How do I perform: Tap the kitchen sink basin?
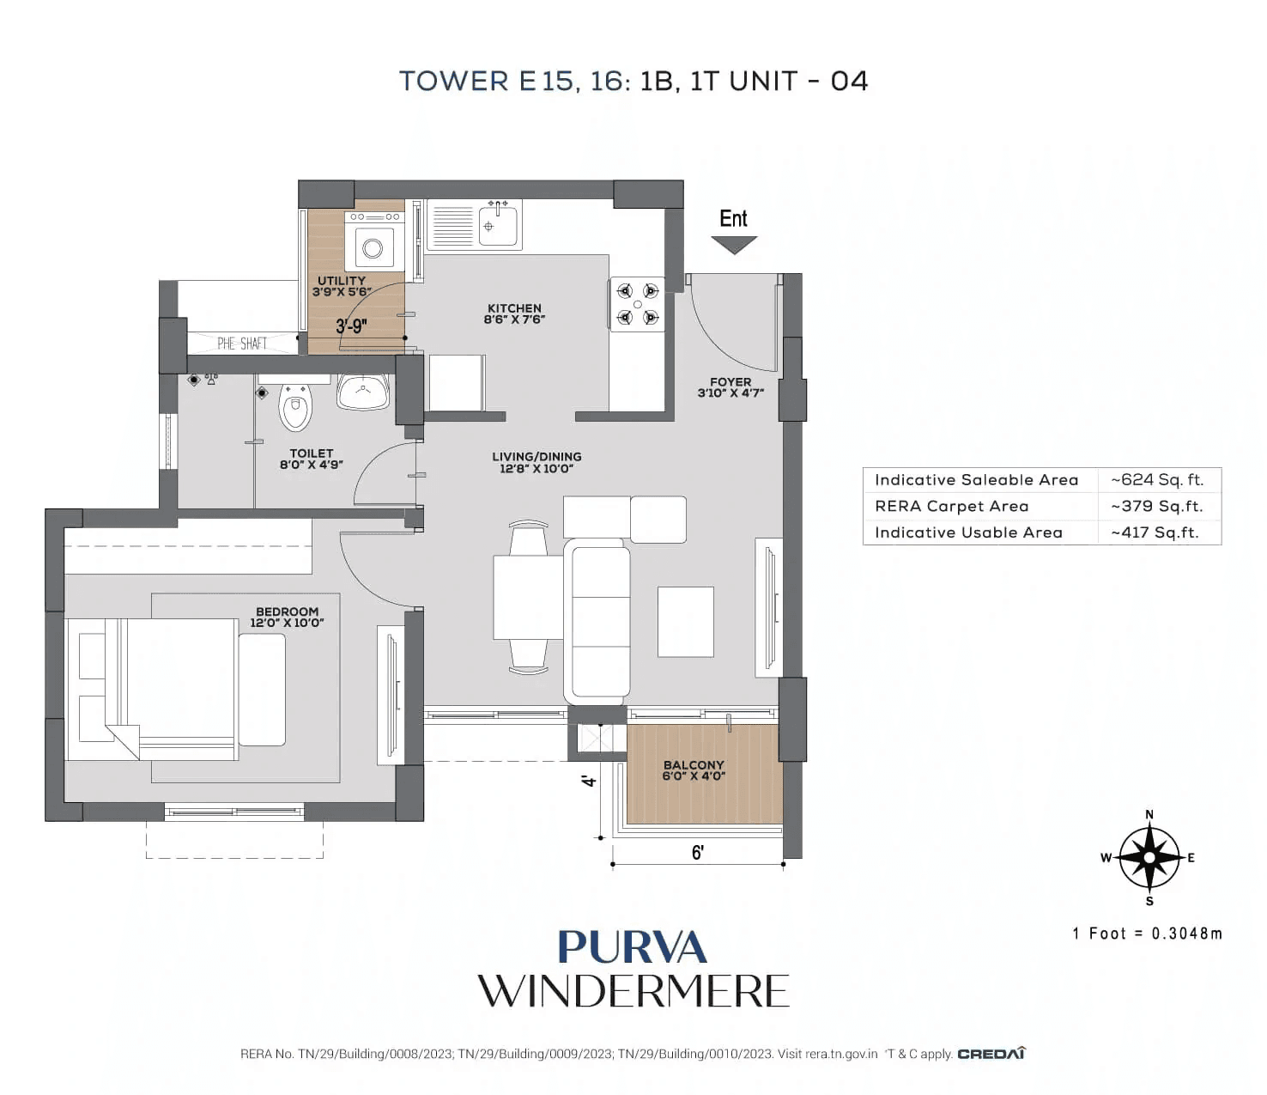click(x=499, y=225)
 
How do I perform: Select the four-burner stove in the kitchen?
click(x=638, y=304)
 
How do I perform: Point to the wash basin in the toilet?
click(x=363, y=392)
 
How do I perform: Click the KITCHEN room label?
click(x=514, y=313)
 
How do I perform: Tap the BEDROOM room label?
click(x=287, y=617)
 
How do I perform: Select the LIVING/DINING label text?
click(x=537, y=462)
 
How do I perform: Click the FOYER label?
click(x=730, y=387)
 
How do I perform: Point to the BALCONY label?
click(x=694, y=770)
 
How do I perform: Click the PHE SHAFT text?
click(x=242, y=344)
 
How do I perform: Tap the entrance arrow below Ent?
click(x=734, y=245)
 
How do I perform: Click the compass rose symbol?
click(x=1149, y=857)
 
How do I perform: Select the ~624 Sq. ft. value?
click(x=1157, y=480)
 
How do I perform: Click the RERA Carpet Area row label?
click(x=951, y=507)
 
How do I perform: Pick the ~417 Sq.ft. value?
click(x=1155, y=532)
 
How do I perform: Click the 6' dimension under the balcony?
click(x=698, y=852)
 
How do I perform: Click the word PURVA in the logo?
click(x=633, y=947)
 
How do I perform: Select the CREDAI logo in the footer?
click(x=991, y=1054)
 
